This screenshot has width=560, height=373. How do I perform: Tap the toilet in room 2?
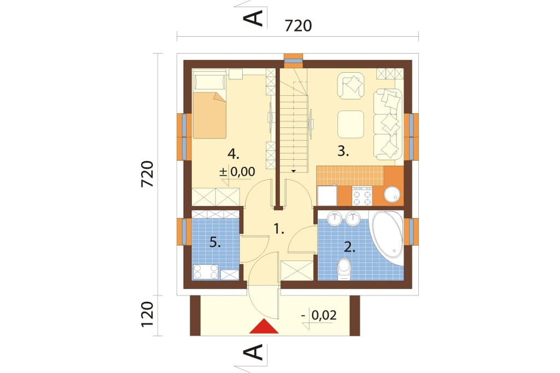tap(345, 269)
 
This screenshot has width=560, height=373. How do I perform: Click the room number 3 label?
tap(343, 151)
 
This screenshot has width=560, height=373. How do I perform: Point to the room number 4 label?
tap(234, 154)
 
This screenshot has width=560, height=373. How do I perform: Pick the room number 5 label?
tap(215, 243)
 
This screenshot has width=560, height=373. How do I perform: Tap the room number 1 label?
tap(278, 229)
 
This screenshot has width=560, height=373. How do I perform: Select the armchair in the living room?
tap(351, 86)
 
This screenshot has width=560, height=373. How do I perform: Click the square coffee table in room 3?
tap(351, 124)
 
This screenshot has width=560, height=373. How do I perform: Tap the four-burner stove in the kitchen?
tap(362, 196)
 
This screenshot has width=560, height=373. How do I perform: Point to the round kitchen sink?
tap(392, 195)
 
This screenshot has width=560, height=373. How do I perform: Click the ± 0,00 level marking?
tap(237, 172)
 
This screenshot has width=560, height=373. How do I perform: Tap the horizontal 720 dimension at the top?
tap(298, 26)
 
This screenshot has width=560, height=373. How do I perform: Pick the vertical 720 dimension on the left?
tap(147, 174)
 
